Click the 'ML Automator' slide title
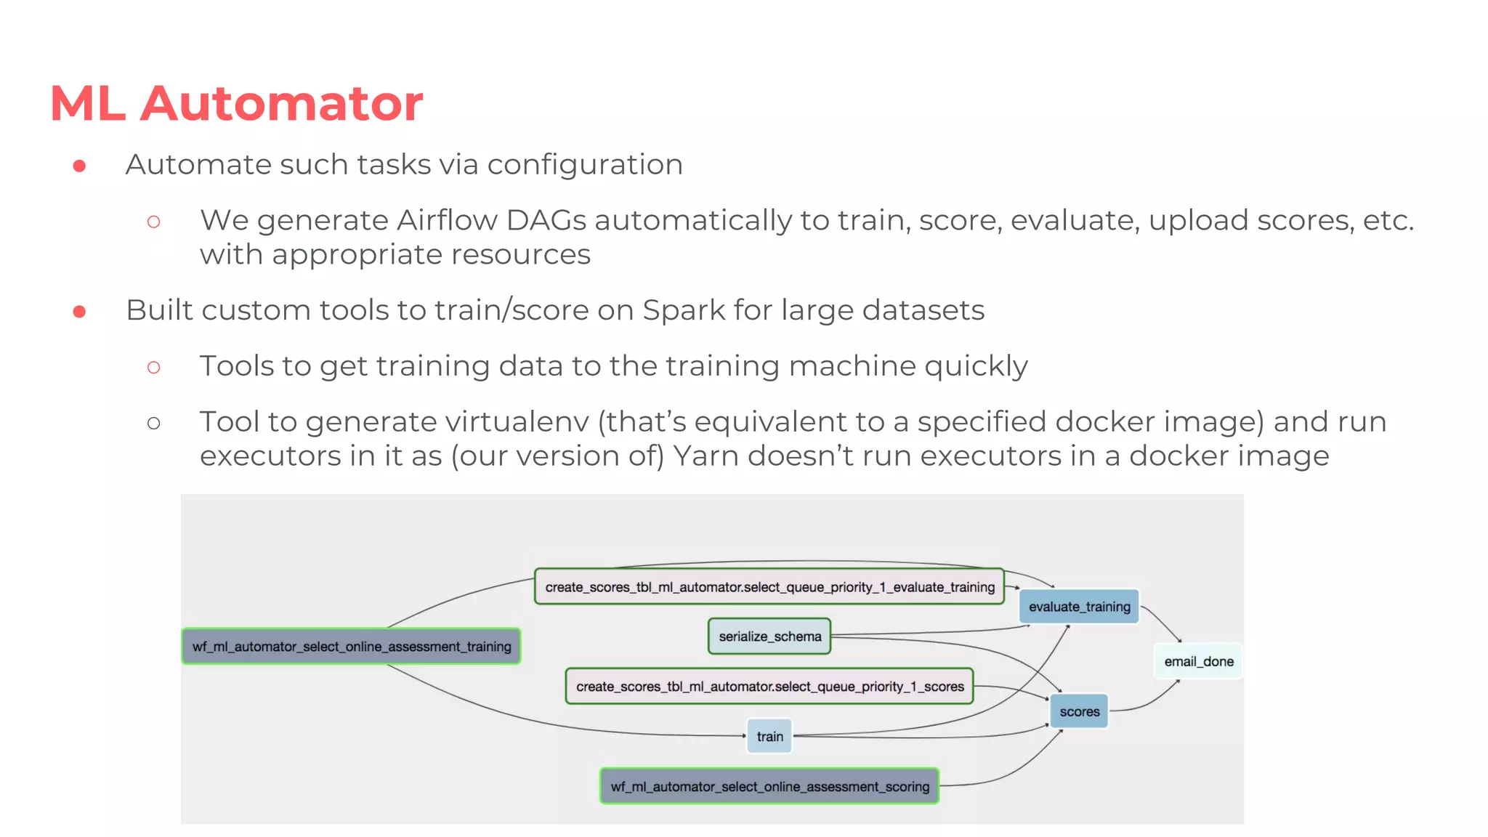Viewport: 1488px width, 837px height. click(236, 103)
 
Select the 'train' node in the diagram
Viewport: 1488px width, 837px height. click(769, 736)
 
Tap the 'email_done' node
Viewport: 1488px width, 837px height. click(1198, 661)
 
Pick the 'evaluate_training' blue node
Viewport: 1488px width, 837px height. click(1079, 607)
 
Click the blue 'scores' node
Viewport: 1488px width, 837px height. click(1079, 711)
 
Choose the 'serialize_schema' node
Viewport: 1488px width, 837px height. click(769, 636)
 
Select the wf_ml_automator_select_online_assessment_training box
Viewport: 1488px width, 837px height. click(351, 646)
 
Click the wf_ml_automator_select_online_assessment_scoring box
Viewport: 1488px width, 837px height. click(769, 786)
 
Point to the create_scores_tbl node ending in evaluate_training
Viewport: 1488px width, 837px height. click(769, 587)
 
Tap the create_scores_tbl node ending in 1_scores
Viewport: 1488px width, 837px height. click(769, 687)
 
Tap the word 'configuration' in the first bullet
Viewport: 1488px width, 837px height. click(585, 165)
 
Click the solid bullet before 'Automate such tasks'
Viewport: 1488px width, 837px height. click(80, 166)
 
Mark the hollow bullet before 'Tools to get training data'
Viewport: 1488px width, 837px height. click(153, 368)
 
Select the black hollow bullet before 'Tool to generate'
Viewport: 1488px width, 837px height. click(153, 423)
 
